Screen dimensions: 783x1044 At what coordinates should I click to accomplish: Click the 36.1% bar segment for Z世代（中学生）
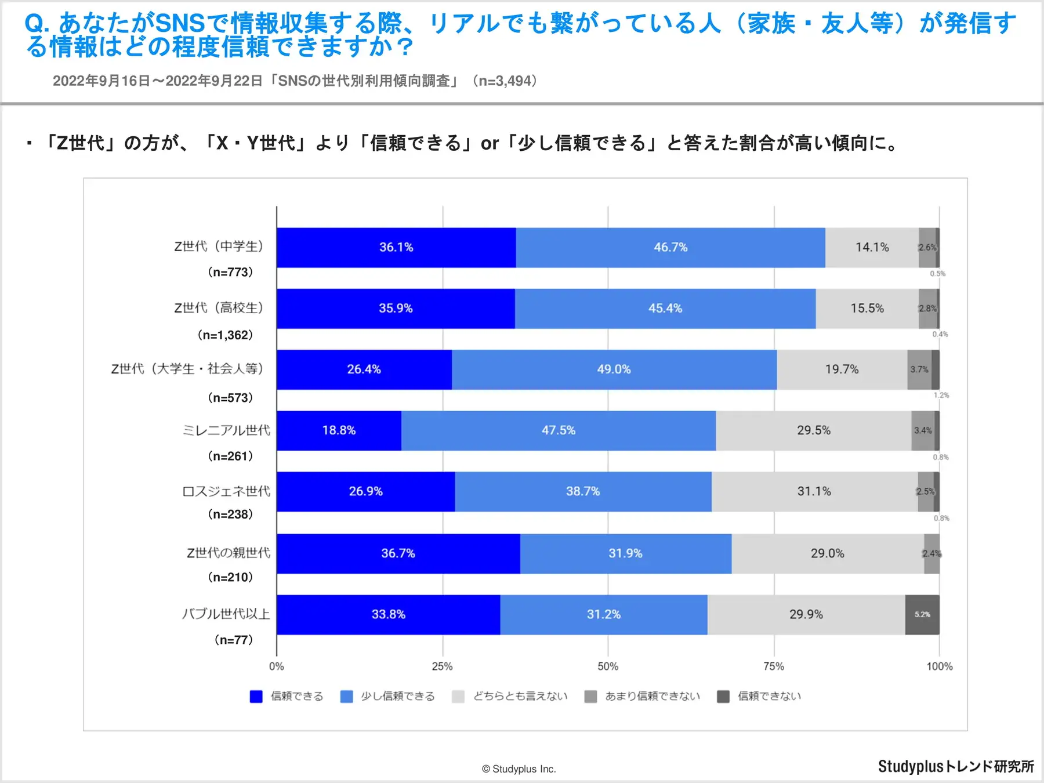coord(396,248)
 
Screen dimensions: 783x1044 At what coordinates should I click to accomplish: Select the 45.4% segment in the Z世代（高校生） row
coord(665,309)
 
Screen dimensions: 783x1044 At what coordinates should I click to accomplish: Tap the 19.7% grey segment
coord(842,369)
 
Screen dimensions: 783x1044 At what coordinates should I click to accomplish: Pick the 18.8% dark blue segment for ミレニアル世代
coord(339,430)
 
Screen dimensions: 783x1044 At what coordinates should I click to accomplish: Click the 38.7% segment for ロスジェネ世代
coord(583,491)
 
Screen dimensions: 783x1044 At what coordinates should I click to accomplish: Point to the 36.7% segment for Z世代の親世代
coord(398,553)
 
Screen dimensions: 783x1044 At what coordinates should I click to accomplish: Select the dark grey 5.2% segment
coord(922,615)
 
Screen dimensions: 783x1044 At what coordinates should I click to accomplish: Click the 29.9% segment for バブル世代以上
coord(806,615)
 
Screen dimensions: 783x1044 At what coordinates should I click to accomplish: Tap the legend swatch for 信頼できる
coord(256,697)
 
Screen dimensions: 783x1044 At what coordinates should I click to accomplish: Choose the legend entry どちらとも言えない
coord(520,697)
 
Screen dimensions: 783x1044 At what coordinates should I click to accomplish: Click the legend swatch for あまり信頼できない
coord(590,697)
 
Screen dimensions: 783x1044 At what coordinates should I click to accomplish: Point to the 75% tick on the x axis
coord(774,666)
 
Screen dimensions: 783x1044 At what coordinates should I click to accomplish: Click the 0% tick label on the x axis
coord(277,666)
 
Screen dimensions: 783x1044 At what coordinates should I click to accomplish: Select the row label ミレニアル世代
coord(226,430)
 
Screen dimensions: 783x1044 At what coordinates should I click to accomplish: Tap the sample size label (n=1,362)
coord(226,335)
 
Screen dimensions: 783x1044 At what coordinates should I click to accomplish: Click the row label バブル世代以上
coord(226,614)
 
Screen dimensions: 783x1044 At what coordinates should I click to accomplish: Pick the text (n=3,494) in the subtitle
coord(505,81)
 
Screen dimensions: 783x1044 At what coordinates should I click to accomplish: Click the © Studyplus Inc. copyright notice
coord(519,769)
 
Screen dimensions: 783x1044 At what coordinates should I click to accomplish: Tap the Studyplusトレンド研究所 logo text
coord(956,767)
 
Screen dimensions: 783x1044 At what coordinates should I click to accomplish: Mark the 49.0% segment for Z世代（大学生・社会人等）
coord(614,369)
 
